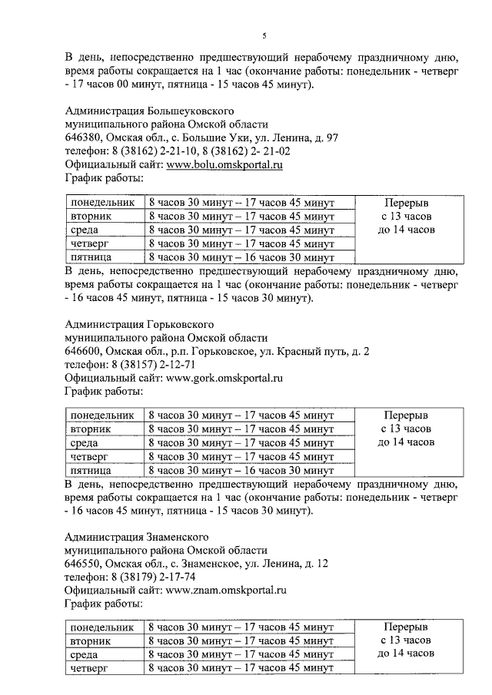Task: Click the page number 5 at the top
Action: [263, 35]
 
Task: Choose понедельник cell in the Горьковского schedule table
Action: [102, 415]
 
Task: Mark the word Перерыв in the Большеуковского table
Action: [406, 202]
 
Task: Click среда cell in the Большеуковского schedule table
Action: [84, 230]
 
